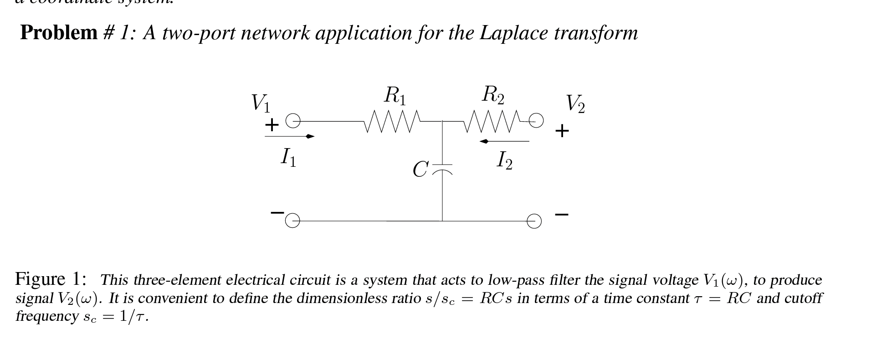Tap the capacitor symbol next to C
[x=442, y=169]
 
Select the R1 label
[x=395, y=96]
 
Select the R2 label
[x=493, y=95]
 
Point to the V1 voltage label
[x=261, y=103]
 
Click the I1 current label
[x=288, y=158]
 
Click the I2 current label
[x=504, y=161]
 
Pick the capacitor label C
[x=420, y=170]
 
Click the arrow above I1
[x=290, y=136]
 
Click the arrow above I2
[x=504, y=141]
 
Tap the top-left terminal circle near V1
[x=293, y=121]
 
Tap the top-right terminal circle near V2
[x=536, y=120]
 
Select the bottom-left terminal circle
[x=292, y=221]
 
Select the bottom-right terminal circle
[x=534, y=221]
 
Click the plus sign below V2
[x=562, y=131]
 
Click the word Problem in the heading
[x=59, y=33]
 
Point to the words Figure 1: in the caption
[x=51, y=279]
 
